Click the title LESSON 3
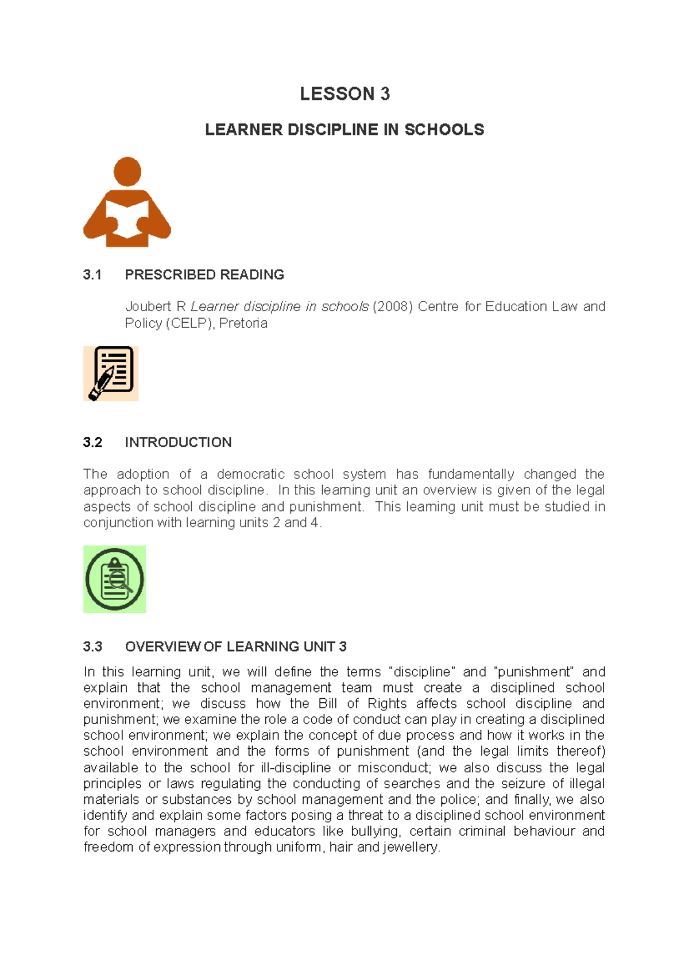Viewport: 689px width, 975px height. pos(344,94)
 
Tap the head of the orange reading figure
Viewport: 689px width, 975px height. pos(127,171)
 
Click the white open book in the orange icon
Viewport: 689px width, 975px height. pos(127,218)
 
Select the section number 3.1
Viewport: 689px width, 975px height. pos(92,275)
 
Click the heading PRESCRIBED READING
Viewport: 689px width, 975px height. pos(204,275)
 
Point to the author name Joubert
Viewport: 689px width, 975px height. pos(148,307)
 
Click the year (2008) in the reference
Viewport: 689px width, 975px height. pos(393,307)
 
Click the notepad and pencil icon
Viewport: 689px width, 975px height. pos(111,373)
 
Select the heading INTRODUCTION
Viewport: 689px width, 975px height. pos(178,443)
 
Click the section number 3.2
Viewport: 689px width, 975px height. pos(92,443)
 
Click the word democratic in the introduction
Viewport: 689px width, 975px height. pos(250,474)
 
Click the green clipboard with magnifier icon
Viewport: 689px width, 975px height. pos(115,579)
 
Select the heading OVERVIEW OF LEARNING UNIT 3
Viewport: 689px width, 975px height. pos(235,647)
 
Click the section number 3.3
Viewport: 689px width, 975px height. pos(92,647)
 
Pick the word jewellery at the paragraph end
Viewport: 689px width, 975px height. pos(412,848)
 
